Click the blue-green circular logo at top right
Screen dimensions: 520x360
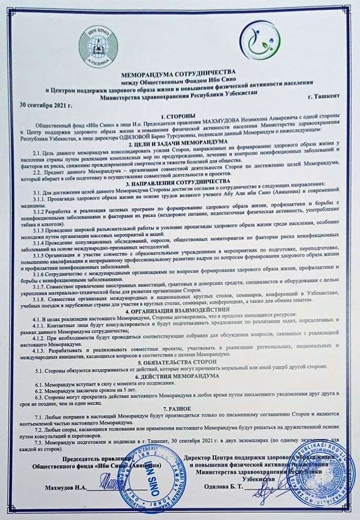(257, 41)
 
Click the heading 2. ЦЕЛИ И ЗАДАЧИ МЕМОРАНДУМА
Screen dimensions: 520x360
(179, 142)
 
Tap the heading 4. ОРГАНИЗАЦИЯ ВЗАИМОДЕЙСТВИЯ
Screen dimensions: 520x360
(179, 309)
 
